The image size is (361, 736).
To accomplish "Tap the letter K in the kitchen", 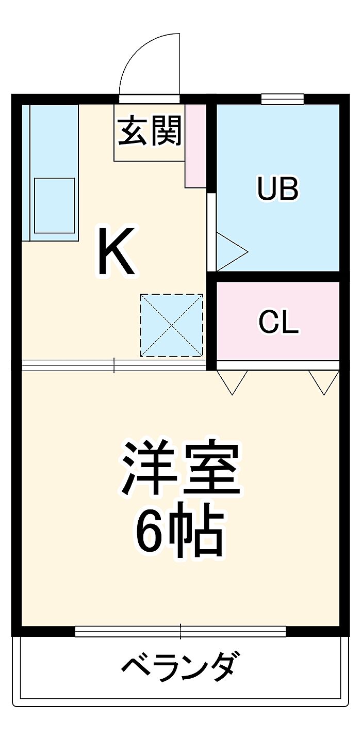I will (118, 251).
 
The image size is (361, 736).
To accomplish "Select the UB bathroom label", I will (278, 189).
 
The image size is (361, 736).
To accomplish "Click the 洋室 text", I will (180, 468).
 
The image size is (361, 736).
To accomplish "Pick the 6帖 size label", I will (180, 532).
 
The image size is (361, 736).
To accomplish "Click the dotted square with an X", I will (172, 325).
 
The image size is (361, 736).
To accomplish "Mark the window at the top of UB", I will (282, 99).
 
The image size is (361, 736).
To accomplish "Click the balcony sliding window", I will (180, 631).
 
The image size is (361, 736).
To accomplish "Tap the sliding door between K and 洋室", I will (114, 365).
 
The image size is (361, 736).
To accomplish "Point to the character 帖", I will (203, 532).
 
